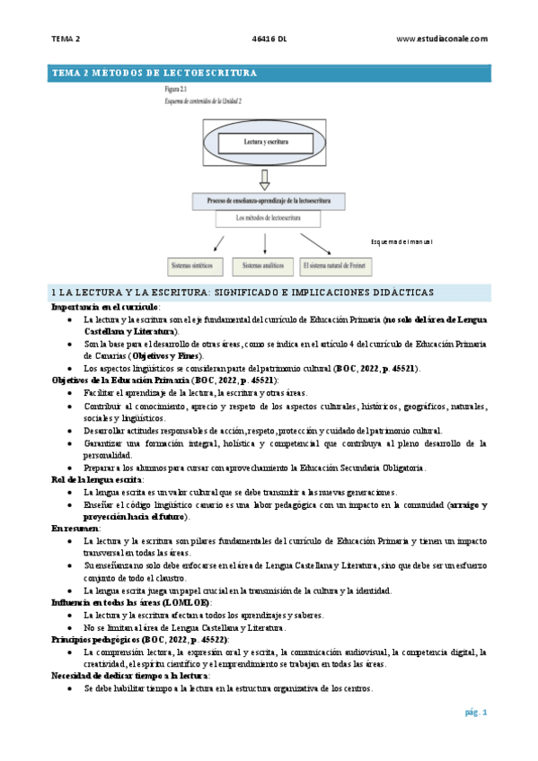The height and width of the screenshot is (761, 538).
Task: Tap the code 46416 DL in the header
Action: click(x=269, y=39)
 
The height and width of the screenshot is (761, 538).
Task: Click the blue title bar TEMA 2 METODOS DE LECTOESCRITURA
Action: click(x=269, y=73)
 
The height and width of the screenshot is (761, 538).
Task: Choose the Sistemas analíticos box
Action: click(x=262, y=266)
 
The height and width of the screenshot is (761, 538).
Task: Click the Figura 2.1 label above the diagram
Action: click(x=177, y=91)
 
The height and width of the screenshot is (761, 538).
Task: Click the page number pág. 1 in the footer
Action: click(x=475, y=713)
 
